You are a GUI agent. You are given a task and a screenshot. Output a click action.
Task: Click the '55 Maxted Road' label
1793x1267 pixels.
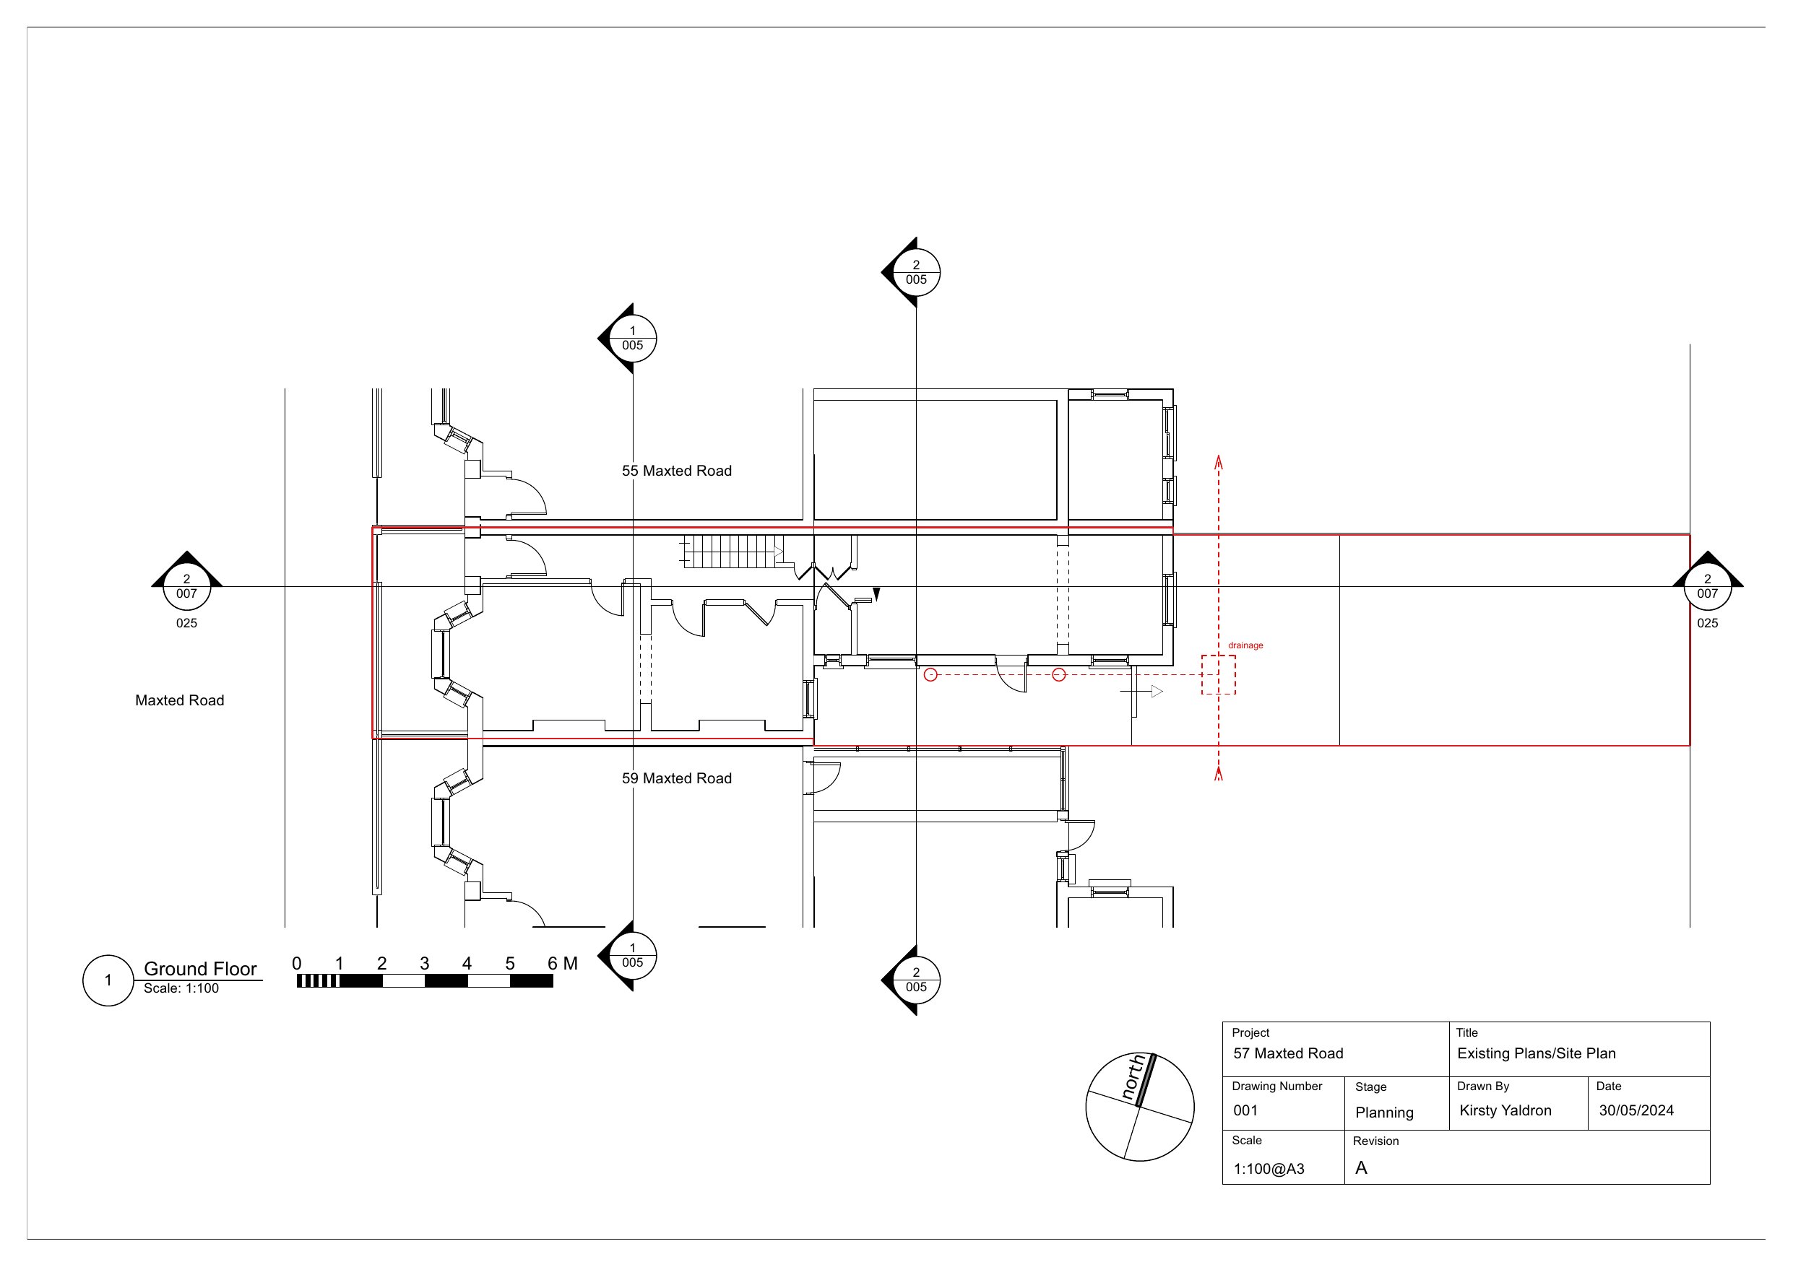point(676,471)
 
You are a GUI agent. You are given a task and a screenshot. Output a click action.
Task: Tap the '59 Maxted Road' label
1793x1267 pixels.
point(676,778)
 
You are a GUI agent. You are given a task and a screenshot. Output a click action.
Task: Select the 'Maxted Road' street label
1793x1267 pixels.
point(180,700)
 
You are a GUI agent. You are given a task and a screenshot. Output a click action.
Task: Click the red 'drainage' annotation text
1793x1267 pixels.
point(1245,645)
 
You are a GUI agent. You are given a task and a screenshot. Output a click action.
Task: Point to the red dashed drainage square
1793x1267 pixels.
point(1218,656)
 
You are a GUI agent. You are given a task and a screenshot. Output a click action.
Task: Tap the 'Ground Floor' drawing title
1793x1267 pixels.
point(200,969)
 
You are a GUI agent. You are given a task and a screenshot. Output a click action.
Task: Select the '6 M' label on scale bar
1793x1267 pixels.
point(562,963)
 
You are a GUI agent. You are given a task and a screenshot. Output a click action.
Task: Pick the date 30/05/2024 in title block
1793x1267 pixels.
point(1636,1110)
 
